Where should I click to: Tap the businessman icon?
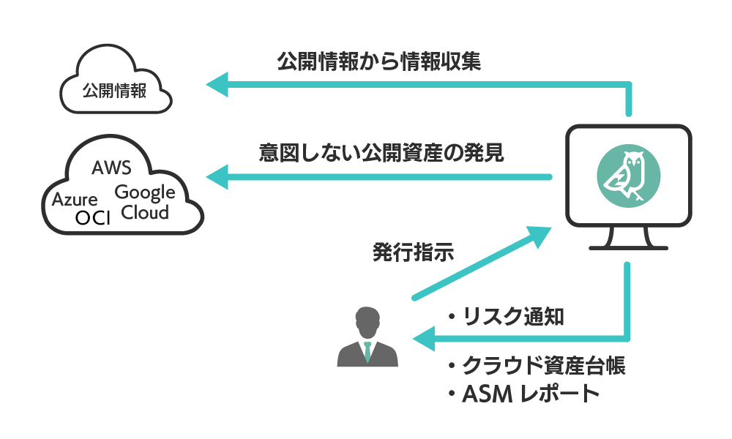point(367,338)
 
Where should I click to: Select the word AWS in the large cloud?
point(111,168)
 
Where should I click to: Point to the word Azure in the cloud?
point(75,199)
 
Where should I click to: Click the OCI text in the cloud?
point(92,218)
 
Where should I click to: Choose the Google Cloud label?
point(145,203)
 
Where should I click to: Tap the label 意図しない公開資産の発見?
point(381,154)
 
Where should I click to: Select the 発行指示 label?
point(413,254)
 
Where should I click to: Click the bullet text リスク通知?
point(505,316)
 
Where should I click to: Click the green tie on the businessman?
point(367,350)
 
